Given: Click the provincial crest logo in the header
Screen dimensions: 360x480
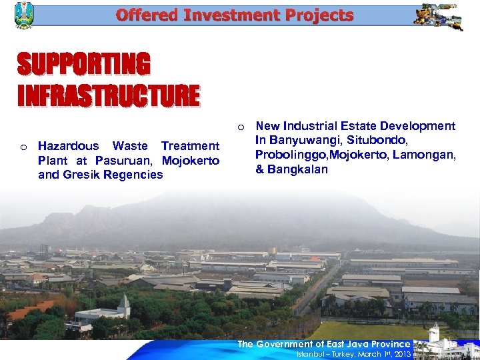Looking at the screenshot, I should click(23, 15).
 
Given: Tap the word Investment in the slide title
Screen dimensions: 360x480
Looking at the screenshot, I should click(215, 15).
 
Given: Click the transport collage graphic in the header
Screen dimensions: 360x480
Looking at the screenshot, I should click(437, 16).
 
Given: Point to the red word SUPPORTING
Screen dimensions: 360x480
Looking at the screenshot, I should click(83, 65).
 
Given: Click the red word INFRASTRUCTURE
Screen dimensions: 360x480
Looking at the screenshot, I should click(108, 95).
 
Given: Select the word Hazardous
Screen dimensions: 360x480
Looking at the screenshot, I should click(68, 146).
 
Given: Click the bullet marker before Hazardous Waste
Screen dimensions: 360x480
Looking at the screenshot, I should click(23, 147).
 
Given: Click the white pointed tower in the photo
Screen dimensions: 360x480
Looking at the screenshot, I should click(123, 306).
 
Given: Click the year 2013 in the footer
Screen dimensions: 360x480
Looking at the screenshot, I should click(401, 354).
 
